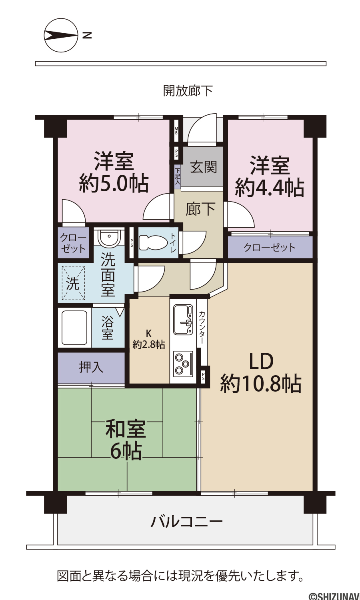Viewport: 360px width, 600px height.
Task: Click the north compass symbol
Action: pos(61,35)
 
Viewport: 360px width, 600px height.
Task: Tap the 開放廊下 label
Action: pos(188,91)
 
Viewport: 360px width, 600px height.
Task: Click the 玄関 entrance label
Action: pos(203,167)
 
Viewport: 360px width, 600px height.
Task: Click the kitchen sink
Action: pos(183,319)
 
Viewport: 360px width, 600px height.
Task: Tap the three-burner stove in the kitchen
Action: pos(183,363)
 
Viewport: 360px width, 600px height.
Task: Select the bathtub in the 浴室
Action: pos(74,328)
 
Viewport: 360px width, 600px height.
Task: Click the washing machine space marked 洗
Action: pos(73,283)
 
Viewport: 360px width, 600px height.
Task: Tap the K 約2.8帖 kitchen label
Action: pos(149,339)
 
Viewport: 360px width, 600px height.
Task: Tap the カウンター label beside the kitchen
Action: pos(202,327)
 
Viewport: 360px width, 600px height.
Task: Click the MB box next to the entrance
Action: pos(176,131)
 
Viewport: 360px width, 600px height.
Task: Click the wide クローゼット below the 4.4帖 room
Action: pos(270,247)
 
